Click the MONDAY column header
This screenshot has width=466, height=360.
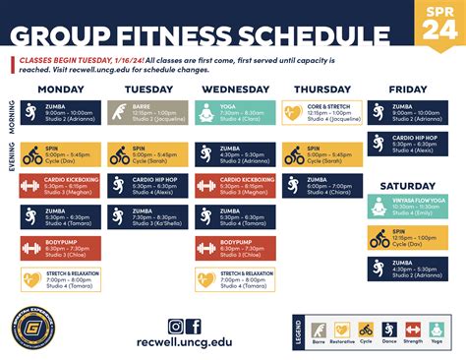(60, 89)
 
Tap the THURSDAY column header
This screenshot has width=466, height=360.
(321, 89)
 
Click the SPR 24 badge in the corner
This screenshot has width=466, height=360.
(440, 22)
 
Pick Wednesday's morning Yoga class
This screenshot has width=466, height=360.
(234, 114)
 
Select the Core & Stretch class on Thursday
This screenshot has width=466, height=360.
(321, 114)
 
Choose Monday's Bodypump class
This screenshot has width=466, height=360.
(60, 248)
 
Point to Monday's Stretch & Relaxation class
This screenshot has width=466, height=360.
(60, 279)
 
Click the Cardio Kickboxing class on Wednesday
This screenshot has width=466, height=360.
(234, 185)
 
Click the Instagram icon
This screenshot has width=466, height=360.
(176, 327)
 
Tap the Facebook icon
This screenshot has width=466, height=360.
(194, 327)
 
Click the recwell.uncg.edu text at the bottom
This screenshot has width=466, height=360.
(185, 344)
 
